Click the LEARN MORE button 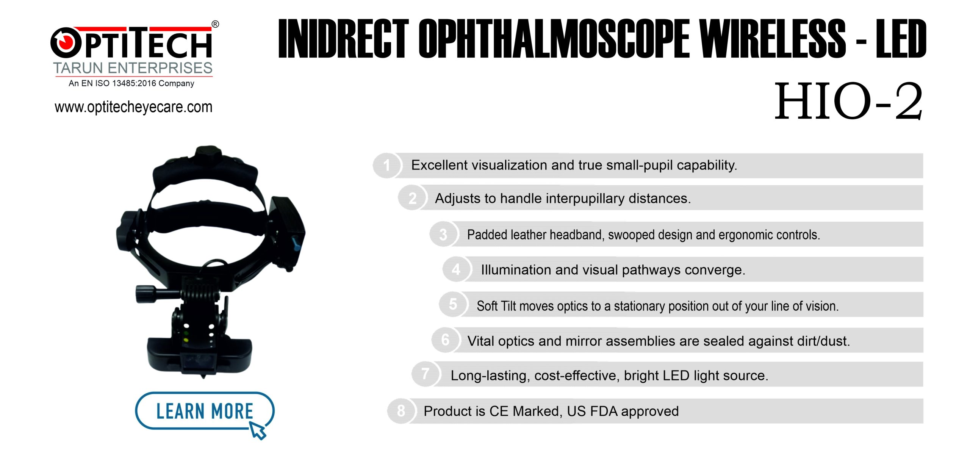click(x=205, y=411)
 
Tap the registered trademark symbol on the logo click(x=215, y=24)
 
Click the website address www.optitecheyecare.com click(x=133, y=107)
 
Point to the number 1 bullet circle click(x=387, y=165)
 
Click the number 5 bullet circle click(x=453, y=304)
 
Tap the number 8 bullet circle click(x=401, y=411)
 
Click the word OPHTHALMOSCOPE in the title click(x=554, y=39)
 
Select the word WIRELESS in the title click(x=773, y=39)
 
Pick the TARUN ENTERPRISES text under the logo click(x=133, y=68)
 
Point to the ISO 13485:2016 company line click(x=131, y=83)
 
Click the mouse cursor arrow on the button click(x=258, y=431)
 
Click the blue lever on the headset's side click(x=296, y=243)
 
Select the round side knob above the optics click(x=145, y=294)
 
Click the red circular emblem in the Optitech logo click(x=65, y=42)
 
